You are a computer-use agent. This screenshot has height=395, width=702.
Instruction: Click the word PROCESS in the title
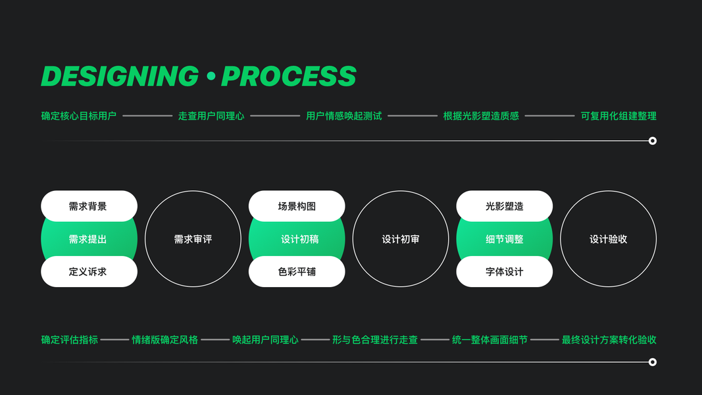(x=289, y=76)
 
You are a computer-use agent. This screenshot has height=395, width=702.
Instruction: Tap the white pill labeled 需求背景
(x=89, y=206)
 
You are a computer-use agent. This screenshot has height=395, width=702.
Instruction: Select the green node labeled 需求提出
(x=89, y=239)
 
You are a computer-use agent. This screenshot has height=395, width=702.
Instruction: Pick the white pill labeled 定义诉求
(x=89, y=271)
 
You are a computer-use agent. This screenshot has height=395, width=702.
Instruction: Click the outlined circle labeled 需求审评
(x=193, y=239)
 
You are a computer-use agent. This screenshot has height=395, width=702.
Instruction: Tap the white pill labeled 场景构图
(x=297, y=206)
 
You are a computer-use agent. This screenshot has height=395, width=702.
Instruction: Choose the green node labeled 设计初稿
(x=297, y=239)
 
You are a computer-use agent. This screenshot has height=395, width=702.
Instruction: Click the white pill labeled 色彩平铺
(x=297, y=271)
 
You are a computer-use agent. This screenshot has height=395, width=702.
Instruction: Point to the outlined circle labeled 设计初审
(x=401, y=239)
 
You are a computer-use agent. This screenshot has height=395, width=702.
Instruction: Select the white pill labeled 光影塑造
(x=505, y=206)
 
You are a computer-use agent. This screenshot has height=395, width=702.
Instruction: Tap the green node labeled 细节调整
(x=505, y=239)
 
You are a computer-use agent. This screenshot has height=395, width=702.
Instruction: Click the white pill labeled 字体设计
(x=505, y=271)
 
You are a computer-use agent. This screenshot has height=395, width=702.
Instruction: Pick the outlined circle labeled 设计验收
(x=609, y=239)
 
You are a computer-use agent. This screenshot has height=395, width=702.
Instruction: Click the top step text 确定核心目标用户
(x=79, y=116)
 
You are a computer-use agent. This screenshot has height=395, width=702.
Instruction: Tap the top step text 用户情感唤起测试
(x=344, y=116)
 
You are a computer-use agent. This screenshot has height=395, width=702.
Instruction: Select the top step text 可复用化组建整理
(x=618, y=116)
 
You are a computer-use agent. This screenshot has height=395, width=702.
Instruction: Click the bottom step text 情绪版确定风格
(x=165, y=340)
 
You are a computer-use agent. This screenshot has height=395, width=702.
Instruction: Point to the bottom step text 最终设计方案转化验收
(x=609, y=340)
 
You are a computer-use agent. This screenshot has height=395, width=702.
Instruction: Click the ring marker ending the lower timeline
(x=653, y=362)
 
